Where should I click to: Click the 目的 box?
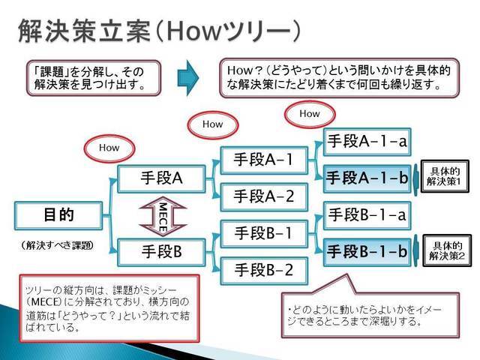coord(58,216)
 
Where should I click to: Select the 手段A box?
coord(161,178)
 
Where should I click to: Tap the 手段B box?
coord(161,252)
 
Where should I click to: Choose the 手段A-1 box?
coord(264,160)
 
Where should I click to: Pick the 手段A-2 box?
coord(264,197)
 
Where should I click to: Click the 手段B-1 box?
coord(264,234)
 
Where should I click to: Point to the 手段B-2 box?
coord(264,271)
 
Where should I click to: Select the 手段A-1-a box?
coord(367,142)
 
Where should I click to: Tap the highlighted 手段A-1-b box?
coord(367,178)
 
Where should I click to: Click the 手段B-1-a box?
coord(367,215)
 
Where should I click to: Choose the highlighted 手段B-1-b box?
coord(367,252)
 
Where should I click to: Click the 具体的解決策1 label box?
coord(445,176)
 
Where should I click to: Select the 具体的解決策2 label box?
coord(447,250)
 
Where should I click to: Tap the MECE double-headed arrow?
coord(163,217)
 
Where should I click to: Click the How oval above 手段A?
coord(109,148)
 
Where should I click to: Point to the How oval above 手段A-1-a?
coord(310,114)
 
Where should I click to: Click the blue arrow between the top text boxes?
coord(188,78)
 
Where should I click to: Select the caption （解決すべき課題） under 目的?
coord(58,245)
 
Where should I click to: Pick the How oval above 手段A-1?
coord(213,125)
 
